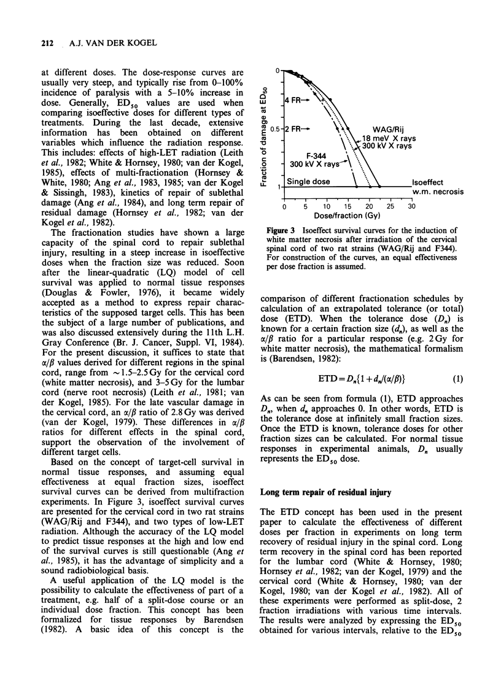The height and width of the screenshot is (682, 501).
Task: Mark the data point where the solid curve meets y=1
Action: tap(379, 187)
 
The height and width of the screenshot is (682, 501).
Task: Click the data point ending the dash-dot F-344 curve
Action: tap(355, 187)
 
